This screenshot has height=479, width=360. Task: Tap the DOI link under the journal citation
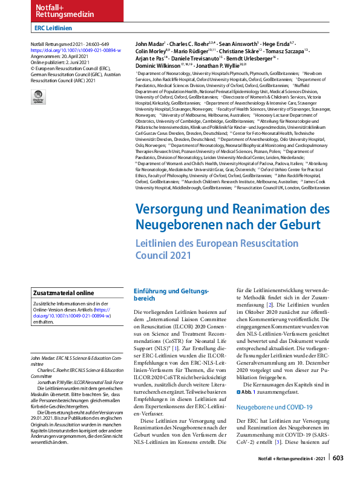76,51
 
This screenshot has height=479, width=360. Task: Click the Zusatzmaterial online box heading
64,292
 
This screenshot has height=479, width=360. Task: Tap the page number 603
338,458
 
